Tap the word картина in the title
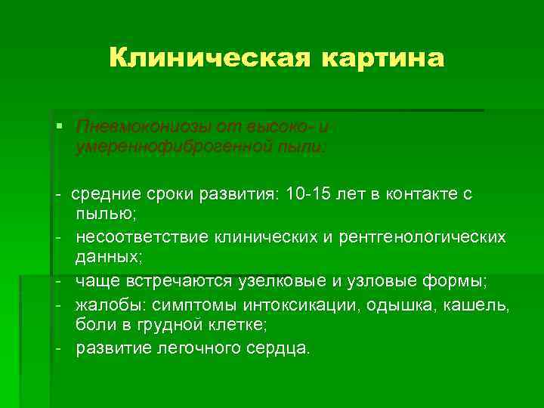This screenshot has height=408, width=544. click(383, 57)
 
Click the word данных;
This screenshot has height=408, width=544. click(108, 258)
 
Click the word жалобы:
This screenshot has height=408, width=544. click(110, 304)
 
